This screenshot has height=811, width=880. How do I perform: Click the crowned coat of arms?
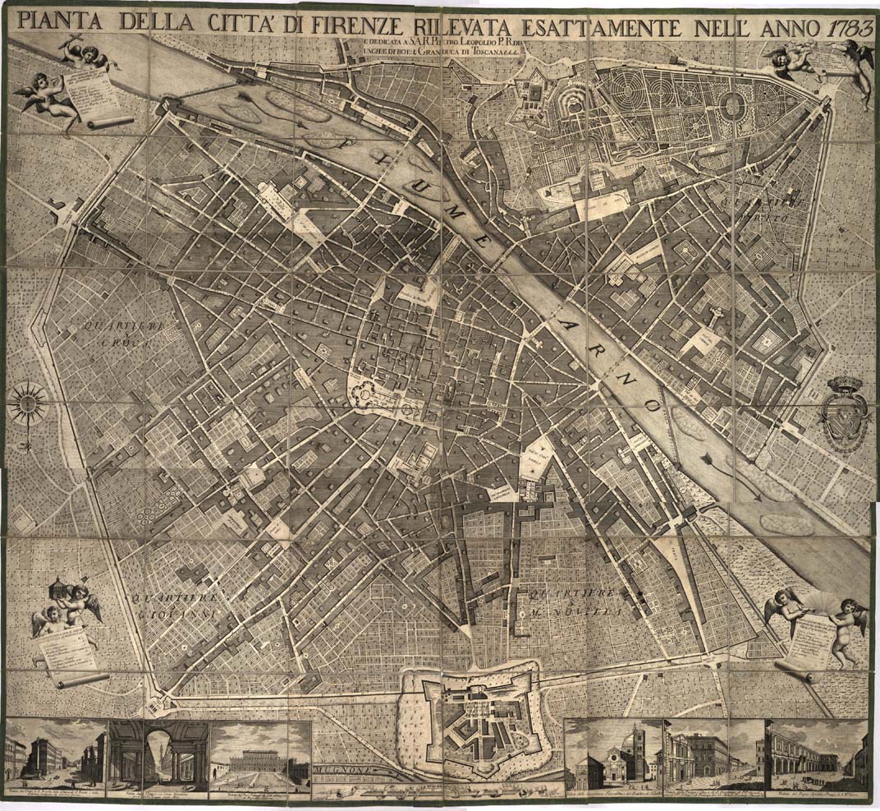[x=845, y=415]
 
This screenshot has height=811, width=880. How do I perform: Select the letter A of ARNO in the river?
[x=561, y=315]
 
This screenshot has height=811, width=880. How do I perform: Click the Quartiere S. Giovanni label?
[x=172, y=605]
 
